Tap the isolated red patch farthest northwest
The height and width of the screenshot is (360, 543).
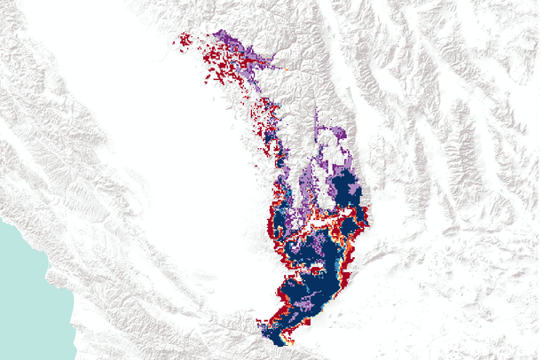(x=185, y=39)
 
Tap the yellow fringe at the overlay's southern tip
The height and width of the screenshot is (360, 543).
(x=266, y=331)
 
